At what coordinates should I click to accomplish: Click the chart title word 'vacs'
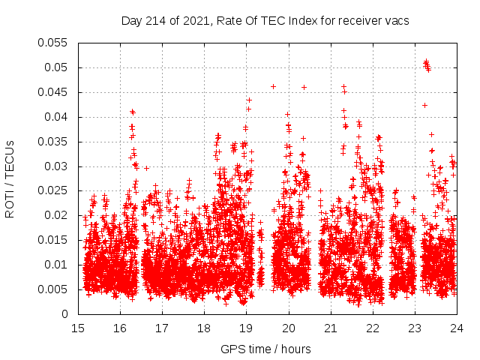(397, 20)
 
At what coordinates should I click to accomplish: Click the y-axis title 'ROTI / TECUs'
(10, 178)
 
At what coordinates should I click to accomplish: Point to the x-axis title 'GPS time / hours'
(265, 349)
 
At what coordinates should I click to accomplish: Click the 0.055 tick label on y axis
(53, 43)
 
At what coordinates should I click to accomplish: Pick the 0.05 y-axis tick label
(56, 67)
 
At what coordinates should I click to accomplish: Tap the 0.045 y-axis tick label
(53, 92)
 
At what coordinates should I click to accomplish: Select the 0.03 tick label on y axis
(56, 166)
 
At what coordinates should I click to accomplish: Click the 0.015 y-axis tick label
(53, 240)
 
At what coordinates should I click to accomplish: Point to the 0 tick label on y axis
(66, 314)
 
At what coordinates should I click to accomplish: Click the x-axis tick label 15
(78, 327)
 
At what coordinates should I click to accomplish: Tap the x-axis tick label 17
(162, 327)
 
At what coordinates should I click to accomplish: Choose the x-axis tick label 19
(246, 327)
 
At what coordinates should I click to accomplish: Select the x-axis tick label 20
(288, 327)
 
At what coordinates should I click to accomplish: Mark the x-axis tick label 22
(372, 327)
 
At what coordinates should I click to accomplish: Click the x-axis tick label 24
(456, 327)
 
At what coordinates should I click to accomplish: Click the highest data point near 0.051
(426, 61)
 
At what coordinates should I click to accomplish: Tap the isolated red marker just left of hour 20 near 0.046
(273, 86)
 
